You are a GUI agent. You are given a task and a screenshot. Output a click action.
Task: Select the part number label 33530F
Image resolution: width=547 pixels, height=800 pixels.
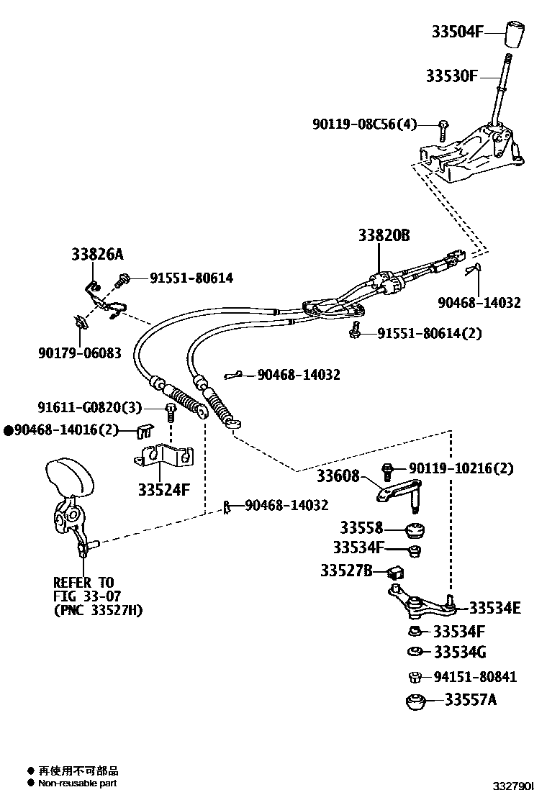[451, 76]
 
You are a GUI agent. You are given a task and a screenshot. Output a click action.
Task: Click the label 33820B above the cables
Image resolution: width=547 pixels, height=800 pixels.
[384, 235]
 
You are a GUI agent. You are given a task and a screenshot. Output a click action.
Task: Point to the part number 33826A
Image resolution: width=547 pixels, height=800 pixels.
[97, 254]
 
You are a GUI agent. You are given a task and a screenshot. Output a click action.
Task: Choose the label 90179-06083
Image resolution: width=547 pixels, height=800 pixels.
[79, 353]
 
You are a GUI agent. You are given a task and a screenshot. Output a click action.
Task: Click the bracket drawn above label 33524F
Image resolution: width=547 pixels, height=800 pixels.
[166, 457]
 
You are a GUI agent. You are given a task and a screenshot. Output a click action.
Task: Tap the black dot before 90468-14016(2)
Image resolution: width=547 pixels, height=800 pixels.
[9, 431]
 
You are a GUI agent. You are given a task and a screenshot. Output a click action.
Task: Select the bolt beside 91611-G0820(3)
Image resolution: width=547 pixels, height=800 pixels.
[171, 412]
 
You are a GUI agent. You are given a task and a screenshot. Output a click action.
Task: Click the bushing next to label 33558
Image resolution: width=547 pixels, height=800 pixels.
[415, 532]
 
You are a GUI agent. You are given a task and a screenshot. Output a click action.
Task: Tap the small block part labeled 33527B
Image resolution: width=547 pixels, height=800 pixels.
[395, 573]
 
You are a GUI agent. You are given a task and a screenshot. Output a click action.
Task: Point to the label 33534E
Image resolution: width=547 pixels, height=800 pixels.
[494, 608]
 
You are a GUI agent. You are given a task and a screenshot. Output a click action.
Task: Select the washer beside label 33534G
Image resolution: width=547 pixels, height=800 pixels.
[415, 653]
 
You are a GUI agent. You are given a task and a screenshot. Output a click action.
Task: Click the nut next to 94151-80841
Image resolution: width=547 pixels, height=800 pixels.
[415, 676]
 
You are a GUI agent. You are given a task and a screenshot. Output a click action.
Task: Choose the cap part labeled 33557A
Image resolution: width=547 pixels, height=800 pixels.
[416, 701]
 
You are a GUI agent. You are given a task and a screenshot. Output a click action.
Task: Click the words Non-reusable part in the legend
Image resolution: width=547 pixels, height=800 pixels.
[77, 783]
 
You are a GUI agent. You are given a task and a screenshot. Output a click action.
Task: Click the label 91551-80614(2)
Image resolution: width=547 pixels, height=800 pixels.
[428, 333]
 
